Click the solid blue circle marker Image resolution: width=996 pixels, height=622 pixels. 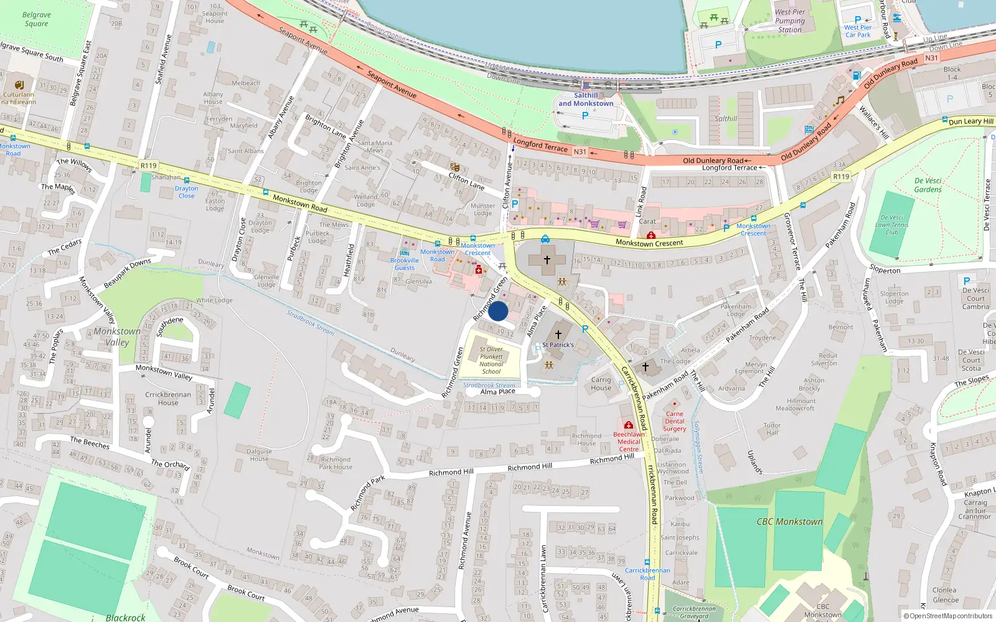pos(498,311)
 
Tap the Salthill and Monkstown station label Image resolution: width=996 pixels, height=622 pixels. pos(585,100)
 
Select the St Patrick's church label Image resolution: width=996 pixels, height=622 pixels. pos(558,345)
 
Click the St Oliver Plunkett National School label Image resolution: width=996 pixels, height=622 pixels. pos(491,360)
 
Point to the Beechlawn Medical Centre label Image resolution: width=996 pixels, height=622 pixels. pos(629,442)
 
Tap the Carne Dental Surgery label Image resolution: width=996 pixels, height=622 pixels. pos(674,421)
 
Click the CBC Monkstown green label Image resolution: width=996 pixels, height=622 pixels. pos(789,522)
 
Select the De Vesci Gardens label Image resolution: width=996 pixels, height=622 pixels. pos(928,185)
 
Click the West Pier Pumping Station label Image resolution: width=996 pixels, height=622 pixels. pos(790,21)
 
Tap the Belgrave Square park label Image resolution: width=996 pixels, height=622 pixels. pos(36,19)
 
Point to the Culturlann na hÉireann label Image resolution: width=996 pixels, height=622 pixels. pos(19,98)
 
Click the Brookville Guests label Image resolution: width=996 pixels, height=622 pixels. pos(405,264)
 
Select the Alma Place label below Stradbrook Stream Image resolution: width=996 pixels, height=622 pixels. pos(498,392)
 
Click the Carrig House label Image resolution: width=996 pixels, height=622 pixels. pos(601,384)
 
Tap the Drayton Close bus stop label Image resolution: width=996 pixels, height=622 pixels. pos(186,192)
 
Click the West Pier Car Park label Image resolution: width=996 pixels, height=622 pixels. pos(858,31)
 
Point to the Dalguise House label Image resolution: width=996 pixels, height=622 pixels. pos(259,455)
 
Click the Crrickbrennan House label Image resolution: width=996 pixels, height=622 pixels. pos(168,398)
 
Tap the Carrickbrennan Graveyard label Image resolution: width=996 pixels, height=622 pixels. pos(694,613)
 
